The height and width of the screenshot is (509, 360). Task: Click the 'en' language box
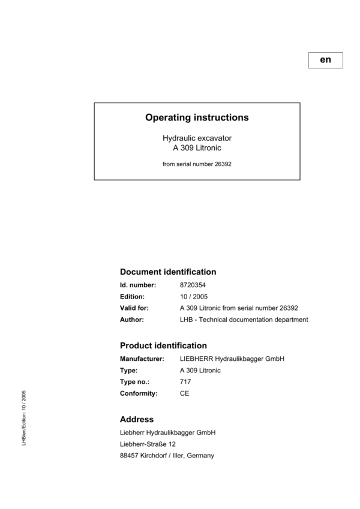(325, 60)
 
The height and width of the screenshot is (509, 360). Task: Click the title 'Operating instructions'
(197, 118)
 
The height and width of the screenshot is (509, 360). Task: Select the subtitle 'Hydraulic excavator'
(197, 138)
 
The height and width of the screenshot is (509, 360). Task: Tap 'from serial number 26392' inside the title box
(197, 163)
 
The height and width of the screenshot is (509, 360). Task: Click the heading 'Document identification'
(168, 272)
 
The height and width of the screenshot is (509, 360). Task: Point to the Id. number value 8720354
(193, 285)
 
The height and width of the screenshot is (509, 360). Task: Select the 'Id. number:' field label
(138, 285)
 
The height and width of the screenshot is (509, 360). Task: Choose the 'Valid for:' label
(134, 308)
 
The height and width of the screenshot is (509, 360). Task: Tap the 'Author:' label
(132, 320)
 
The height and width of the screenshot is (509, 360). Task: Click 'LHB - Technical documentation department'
(244, 320)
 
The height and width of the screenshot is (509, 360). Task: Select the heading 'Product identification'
(163, 346)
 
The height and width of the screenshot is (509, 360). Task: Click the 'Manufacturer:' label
(142, 359)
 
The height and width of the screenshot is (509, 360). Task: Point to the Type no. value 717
(185, 382)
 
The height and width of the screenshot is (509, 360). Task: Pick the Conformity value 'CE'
(184, 393)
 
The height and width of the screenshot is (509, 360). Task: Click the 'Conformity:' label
(139, 393)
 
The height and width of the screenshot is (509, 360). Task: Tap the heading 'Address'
(137, 420)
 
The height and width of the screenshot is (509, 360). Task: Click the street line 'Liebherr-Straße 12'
(148, 444)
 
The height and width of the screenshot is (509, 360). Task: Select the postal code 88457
(130, 456)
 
